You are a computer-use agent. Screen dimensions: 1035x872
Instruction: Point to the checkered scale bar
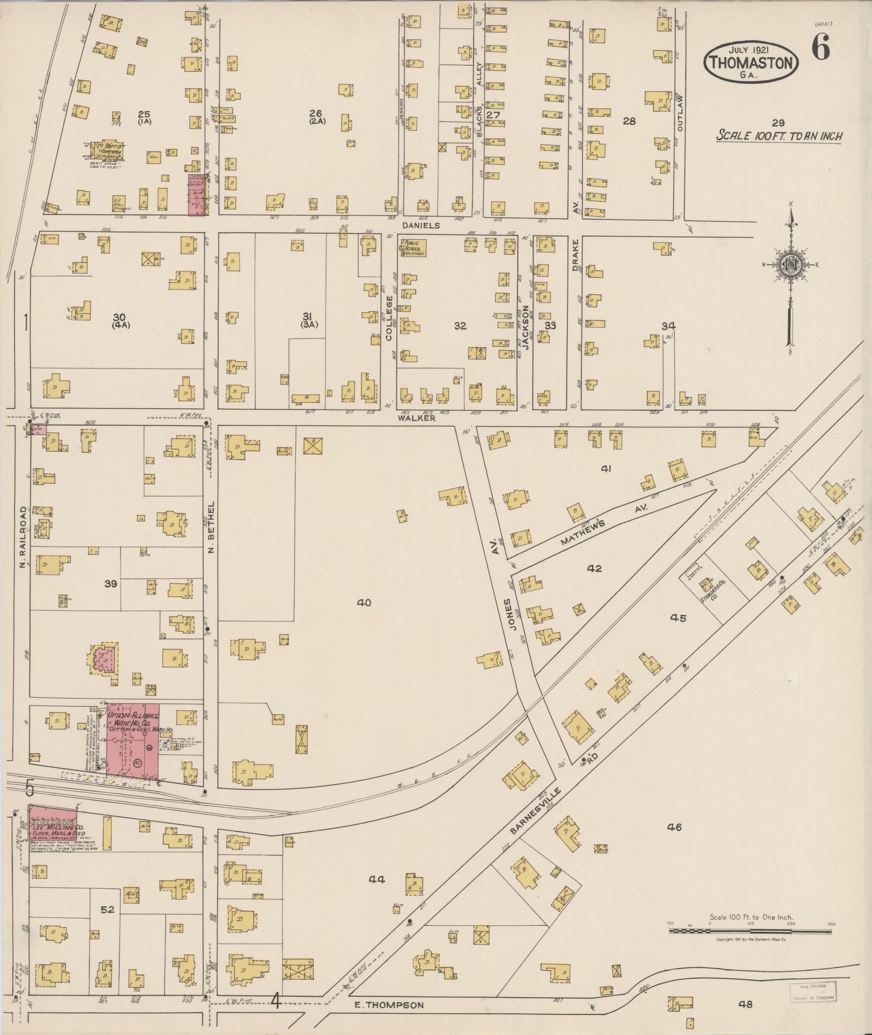coord(750,931)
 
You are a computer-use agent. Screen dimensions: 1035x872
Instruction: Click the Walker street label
coord(416,417)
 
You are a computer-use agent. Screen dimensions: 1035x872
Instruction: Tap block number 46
coord(674,827)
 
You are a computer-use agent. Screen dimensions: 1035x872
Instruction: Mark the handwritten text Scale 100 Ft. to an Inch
coord(778,136)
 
